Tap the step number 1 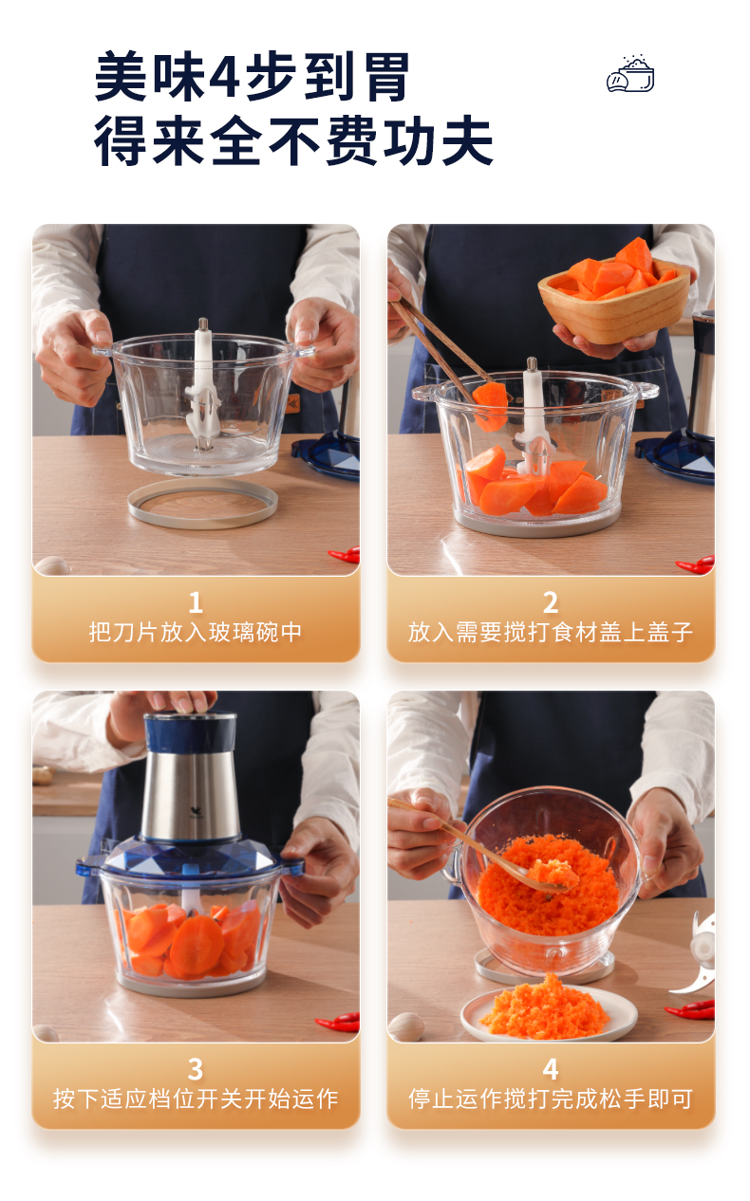pyautogui.click(x=196, y=602)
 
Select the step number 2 pyautogui.click(x=551, y=602)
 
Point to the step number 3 pyautogui.click(x=196, y=1069)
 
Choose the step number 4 pyautogui.click(x=551, y=1069)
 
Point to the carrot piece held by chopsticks pyautogui.click(x=490, y=406)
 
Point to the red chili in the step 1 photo pyautogui.click(x=345, y=555)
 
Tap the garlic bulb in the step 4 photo pyautogui.click(x=406, y=1025)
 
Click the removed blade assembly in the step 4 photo pyautogui.click(x=696, y=954)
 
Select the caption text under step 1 pyautogui.click(x=196, y=632)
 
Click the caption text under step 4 pyautogui.click(x=551, y=1099)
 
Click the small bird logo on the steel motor pyautogui.click(x=196, y=811)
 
